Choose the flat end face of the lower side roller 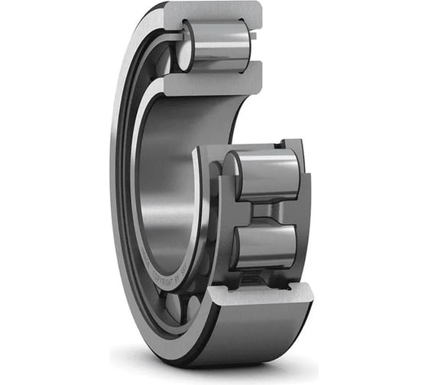pos(235,246)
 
